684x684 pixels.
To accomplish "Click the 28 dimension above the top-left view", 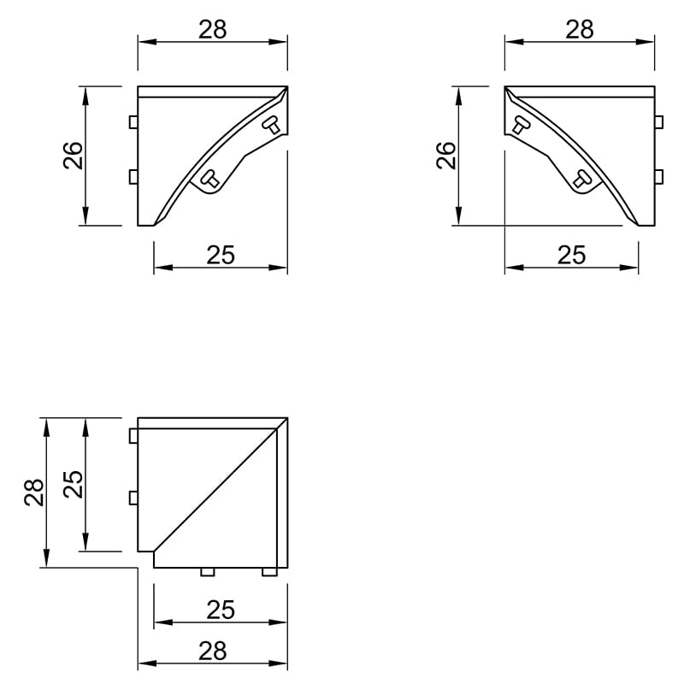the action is pyautogui.click(x=212, y=30).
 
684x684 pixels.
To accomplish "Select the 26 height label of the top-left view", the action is pyautogui.click(x=73, y=156).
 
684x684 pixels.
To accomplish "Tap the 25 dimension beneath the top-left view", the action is pyautogui.click(x=221, y=255).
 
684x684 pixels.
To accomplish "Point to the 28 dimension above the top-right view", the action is pyautogui.click(x=580, y=30).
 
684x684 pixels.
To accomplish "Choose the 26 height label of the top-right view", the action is pyautogui.click(x=445, y=156).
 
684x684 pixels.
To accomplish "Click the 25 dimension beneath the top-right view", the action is pyautogui.click(x=571, y=255).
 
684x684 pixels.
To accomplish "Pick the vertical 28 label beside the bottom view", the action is pyautogui.click(x=34, y=492).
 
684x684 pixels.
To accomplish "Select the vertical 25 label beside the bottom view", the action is pyautogui.click(x=73, y=484).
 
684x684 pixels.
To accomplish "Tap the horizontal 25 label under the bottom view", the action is pyautogui.click(x=221, y=610).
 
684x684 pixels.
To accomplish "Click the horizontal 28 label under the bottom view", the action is pyautogui.click(x=212, y=651).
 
